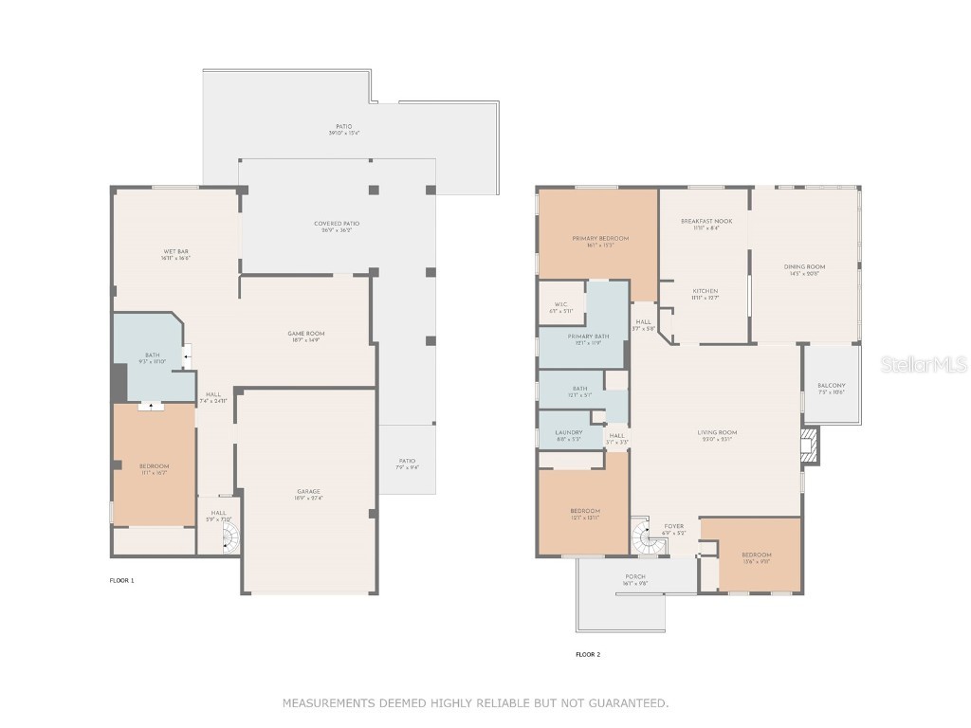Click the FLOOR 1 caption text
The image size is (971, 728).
click(x=121, y=579)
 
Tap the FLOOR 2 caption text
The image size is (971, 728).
click(x=588, y=654)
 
